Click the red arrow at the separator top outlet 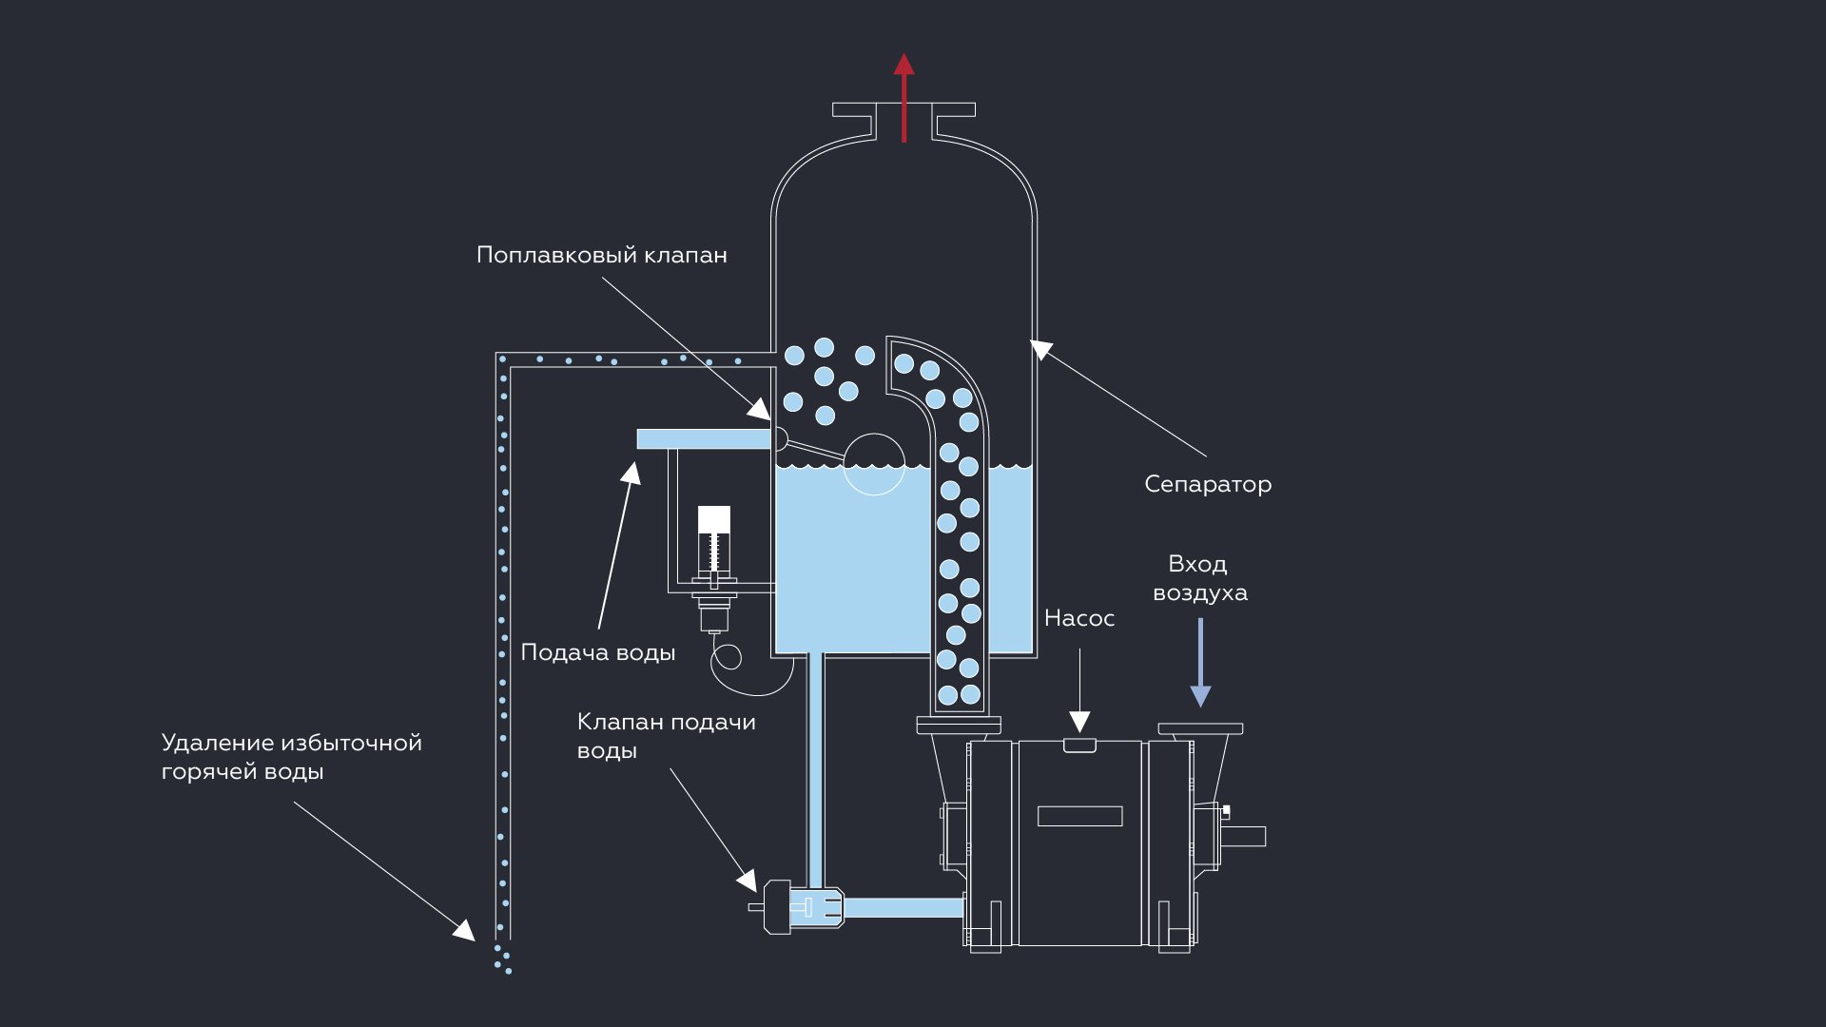903,95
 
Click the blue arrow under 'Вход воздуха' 1200,666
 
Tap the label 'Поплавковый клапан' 601,255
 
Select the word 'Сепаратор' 1207,484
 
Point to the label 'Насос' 1078,618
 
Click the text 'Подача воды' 597,652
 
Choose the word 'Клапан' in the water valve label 619,722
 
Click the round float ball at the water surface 874,464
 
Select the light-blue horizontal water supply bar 703,438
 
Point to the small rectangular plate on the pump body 1079,816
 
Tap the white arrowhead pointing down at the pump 1079,721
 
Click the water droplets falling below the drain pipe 502,959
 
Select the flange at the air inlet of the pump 1200,729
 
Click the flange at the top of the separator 903,109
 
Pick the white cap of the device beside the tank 714,519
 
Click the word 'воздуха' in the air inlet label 1199,592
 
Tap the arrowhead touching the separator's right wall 1042,349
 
